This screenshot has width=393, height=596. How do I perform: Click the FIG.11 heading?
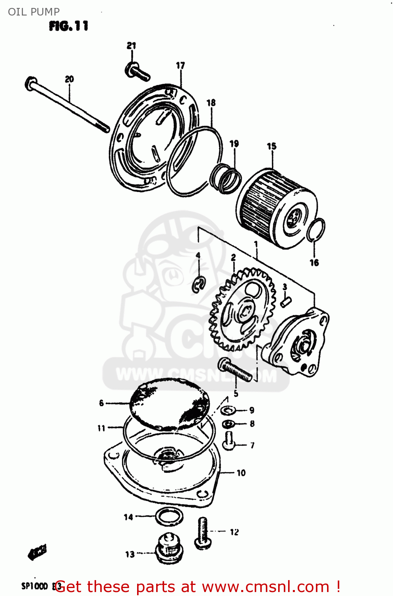click(69, 26)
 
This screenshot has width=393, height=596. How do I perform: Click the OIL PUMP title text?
click(34, 12)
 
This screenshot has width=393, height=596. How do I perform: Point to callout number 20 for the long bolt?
click(70, 79)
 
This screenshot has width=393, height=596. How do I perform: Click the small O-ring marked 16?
click(316, 230)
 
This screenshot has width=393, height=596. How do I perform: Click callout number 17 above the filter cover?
click(180, 65)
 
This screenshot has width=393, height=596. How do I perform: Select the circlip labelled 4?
click(199, 284)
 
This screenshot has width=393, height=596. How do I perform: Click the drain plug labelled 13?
click(168, 548)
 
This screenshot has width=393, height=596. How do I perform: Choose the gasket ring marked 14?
click(169, 517)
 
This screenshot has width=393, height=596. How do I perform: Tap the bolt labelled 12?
click(203, 533)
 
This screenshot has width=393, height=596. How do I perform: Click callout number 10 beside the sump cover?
click(241, 473)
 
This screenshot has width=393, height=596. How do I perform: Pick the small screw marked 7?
click(229, 441)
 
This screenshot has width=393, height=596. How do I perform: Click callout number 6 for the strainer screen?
click(101, 403)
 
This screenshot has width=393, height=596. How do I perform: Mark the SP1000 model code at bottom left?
click(35, 586)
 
